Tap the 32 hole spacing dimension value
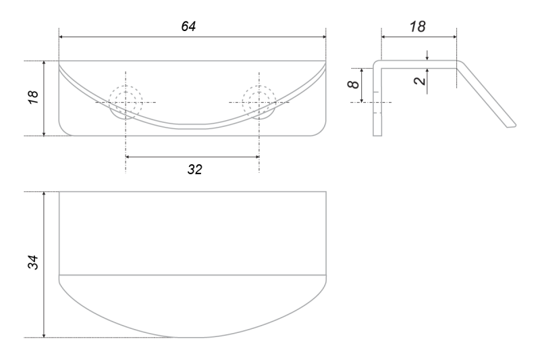[x=195, y=169]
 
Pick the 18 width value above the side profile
[x=418, y=26]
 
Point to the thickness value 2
[x=418, y=80]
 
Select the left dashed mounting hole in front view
[x=126, y=102]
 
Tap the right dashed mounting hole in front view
[x=259, y=102]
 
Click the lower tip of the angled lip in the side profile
[x=512, y=125]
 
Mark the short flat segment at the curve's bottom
[x=194, y=126]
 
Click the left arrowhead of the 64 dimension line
[x=62, y=37]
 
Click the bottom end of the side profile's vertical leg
[x=377, y=134]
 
